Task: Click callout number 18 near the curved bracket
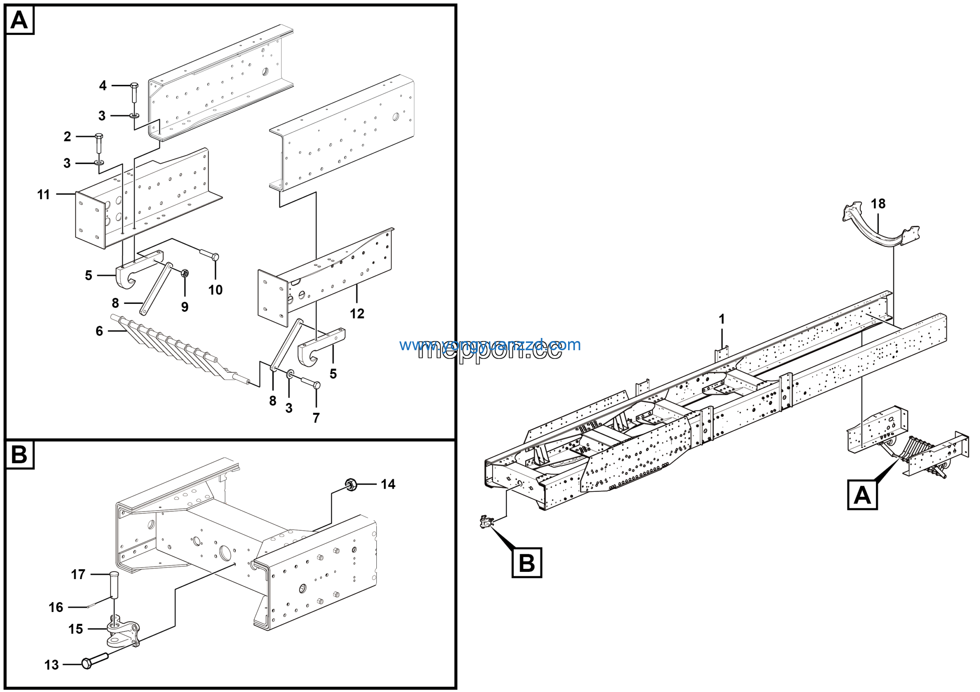pos(878,204)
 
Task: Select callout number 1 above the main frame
pos(722,319)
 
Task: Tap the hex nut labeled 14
pos(351,485)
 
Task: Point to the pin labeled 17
pos(114,586)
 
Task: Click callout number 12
pos(357,314)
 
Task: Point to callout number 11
pos(44,194)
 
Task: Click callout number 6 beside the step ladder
pos(100,331)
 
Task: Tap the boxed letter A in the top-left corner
pos(19,20)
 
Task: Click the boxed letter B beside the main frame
pos(526,563)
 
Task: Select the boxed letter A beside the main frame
pos(862,495)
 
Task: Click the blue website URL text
pos(490,345)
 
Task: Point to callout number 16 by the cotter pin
pos(56,607)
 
